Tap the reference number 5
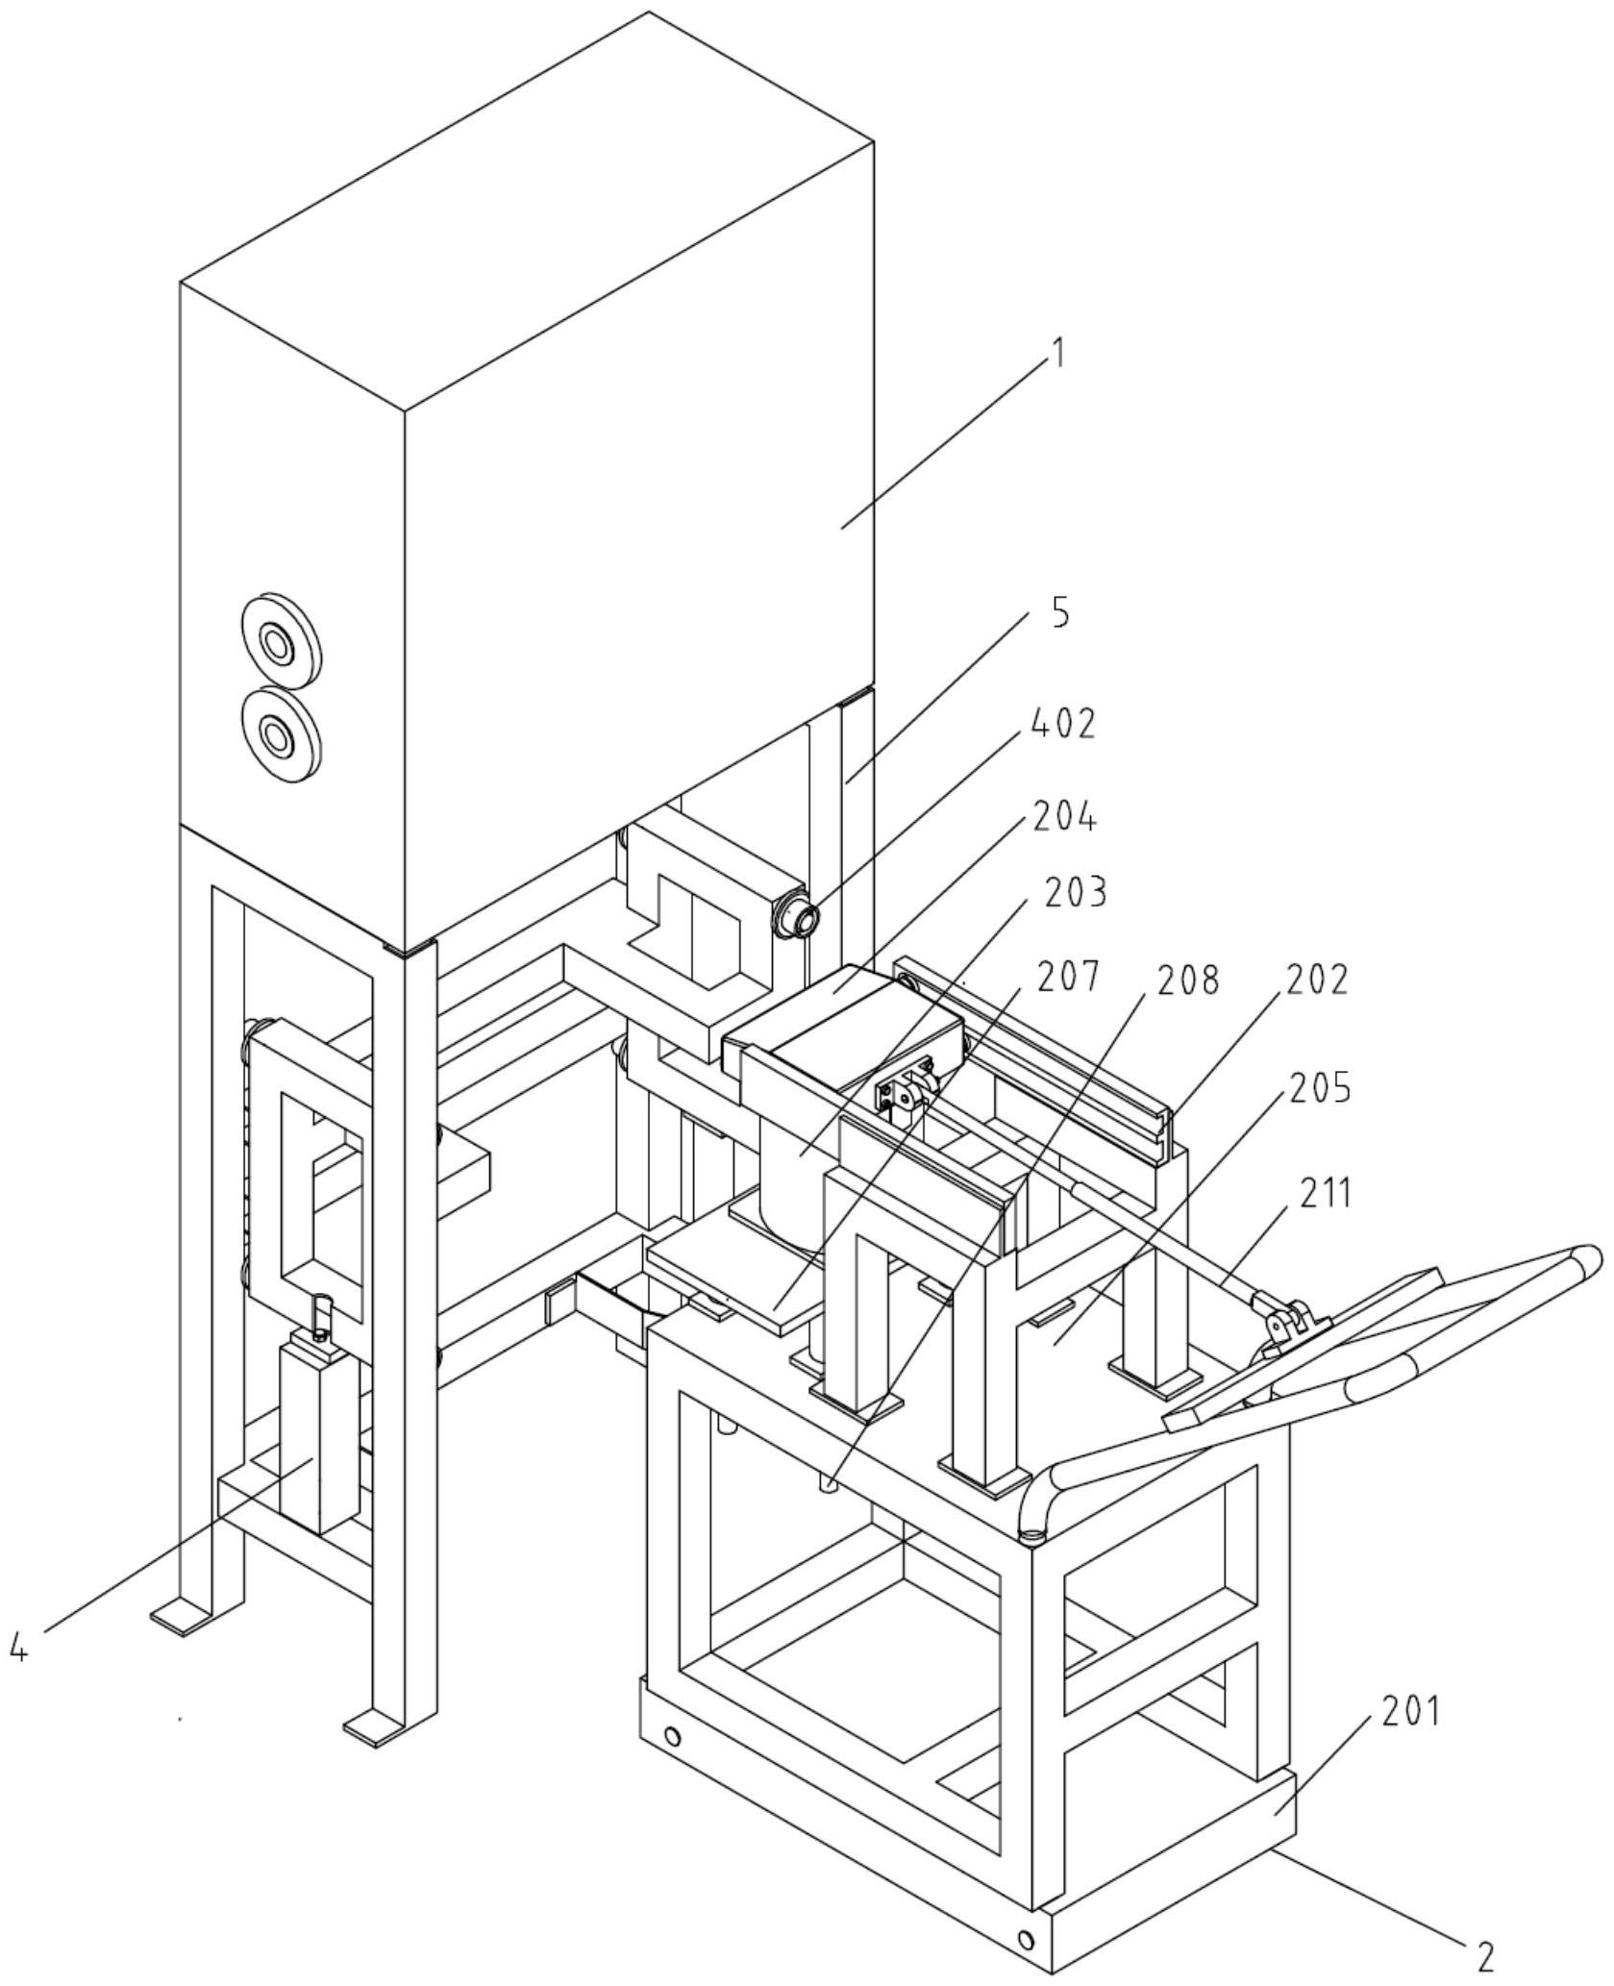point(1059,612)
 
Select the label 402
point(1062,725)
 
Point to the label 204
point(1064,817)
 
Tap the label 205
point(1320,1088)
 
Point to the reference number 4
point(19,1937)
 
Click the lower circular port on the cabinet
point(280,737)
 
